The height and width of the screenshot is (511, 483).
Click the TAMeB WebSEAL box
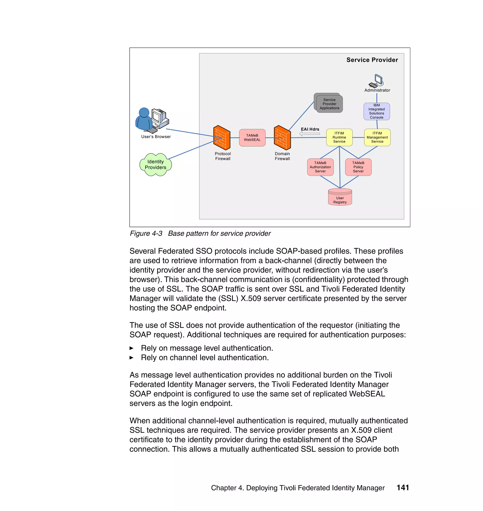pyautogui.click(x=252, y=138)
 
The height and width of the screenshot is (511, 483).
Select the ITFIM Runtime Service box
pyautogui.click(x=339, y=137)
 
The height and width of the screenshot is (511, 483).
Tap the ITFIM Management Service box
pyautogui.click(x=377, y=137)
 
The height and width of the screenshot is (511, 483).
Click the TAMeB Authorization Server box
pyautogui.click(x=320, y=167)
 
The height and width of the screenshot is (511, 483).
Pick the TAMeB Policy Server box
pyautogui.click(x=358, y=167)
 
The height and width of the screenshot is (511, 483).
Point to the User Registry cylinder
pyautogui.click(x=340, y=197)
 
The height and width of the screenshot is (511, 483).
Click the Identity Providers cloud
pyautogui.click(x=155, y=165)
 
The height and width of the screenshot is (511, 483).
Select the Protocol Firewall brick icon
pyautogui.click(x=222, y=138)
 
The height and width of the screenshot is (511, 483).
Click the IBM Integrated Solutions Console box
pyautogui.click(x=376, y=111)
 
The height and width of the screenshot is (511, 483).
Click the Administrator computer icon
pyautogui.click(x=377, y=81)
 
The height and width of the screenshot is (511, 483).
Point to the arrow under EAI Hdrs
pyautogui.click(x=309, y=134)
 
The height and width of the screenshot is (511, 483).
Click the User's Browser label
pyautogui.click(x=156, y=137)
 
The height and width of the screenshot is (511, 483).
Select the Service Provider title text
pyautogui.click(x=372, y=60)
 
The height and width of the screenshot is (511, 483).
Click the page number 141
pyautogui.click(x=403, y=488)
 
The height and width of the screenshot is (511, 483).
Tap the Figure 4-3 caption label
pyautogui.click(x=146, y=233)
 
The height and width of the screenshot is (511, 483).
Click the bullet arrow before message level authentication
pyautogui.click(x=131, y=348)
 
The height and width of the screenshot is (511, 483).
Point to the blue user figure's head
pyautogui.click(x=144, y=112)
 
